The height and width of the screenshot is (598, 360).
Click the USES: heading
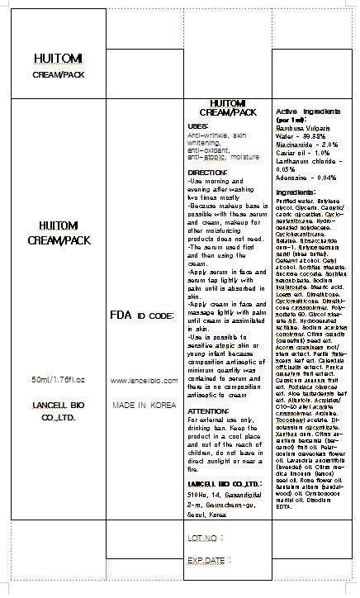[x=198, y=125]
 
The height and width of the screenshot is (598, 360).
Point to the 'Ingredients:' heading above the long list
[x=295, y=192]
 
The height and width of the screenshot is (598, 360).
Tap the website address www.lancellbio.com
[x=144, y=379]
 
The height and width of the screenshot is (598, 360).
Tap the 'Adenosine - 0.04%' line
[x=306, y=177]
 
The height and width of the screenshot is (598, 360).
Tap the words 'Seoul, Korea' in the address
[x=206, y=514]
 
